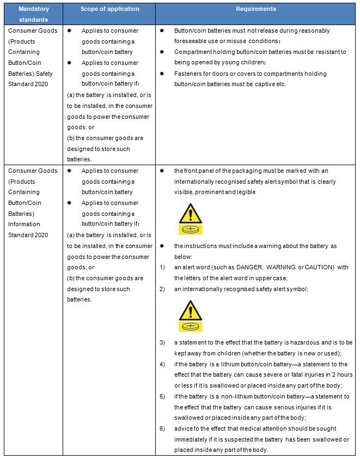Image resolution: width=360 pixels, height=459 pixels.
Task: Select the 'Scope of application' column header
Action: tap(109, 9)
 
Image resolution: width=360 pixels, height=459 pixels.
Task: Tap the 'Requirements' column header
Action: tap(255, 9)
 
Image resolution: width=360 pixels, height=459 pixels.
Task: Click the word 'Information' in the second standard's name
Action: tap(24, 224)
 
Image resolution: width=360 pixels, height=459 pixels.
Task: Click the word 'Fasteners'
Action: tap(188, 74)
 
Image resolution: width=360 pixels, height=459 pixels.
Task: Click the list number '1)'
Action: tap(162, 267)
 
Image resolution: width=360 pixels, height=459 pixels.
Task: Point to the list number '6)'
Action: tap(162, 428)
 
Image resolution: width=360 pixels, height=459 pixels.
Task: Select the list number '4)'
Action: tap(162, 364)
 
